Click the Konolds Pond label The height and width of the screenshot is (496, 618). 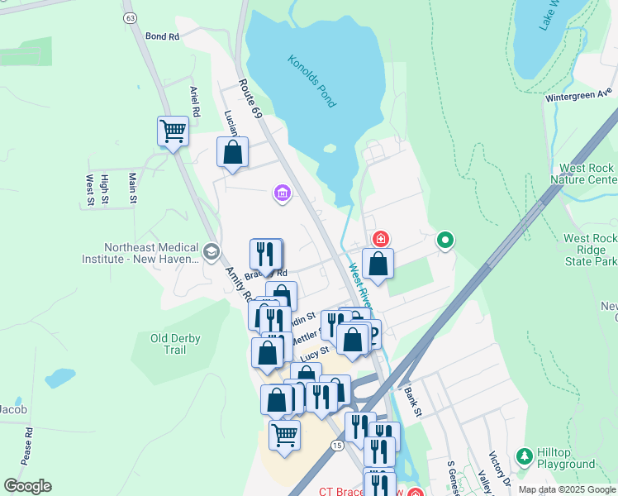point(311,81)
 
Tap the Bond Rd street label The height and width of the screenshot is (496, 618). point(162,37)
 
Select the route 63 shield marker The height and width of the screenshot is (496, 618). point(129,17)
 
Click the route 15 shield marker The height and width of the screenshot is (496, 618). point(336,445)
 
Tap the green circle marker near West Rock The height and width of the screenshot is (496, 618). point(445,241)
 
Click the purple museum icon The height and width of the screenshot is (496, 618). point(283,194)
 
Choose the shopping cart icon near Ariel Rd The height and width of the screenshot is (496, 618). point(173,131)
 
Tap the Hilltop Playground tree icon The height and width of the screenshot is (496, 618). point(524,455)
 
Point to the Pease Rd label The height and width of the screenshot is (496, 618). point(28,444)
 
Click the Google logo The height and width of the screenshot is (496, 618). point(27,486)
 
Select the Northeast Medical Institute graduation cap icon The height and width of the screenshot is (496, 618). point(212,251)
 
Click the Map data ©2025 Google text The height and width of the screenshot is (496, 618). point(566,489)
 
